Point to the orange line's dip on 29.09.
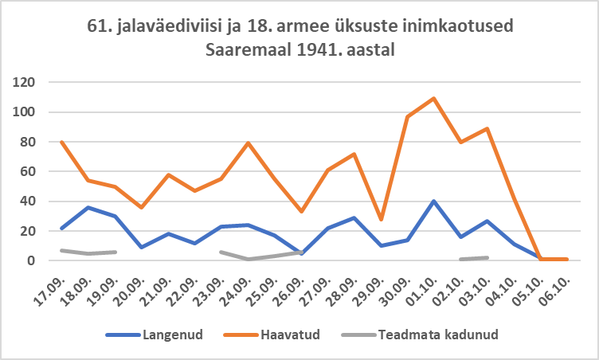tap(381, 219)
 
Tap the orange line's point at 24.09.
tap(249, 143)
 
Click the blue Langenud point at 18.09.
tap(88, 207)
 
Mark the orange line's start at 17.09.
tap(62, 142)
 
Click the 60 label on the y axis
tap(29, 171)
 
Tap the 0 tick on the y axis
tap(33, 260)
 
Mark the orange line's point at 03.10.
tap(486, 128)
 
